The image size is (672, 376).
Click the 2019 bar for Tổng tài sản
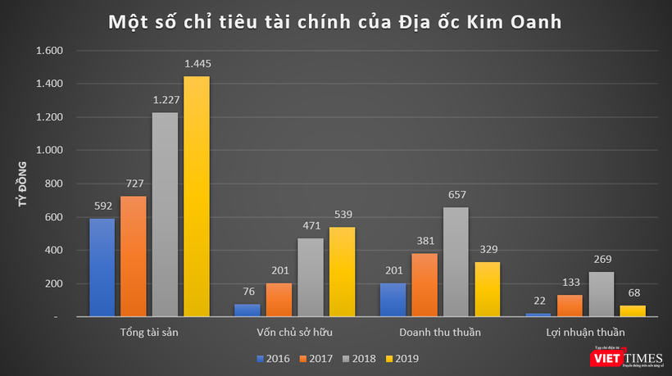pyautogui.click(x=197, y=197)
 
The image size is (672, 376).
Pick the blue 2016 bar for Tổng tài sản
pyautogui.click(x=102, y=267)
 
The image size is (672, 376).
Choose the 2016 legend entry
pyautogui.click(x=275, y=359)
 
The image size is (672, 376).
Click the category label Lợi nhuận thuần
pyautogui.click(x=584, y=333)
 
